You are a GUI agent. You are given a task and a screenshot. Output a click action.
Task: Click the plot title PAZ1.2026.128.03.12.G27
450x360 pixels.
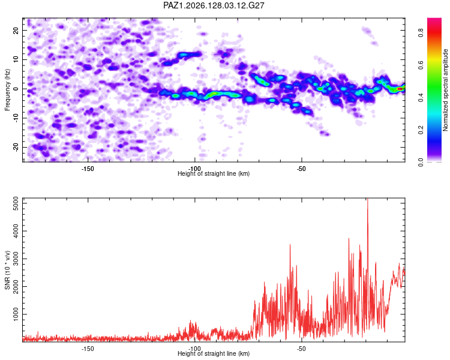(x=214, y=5)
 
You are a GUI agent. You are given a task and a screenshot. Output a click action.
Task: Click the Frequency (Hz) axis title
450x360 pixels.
(x=7, y=90)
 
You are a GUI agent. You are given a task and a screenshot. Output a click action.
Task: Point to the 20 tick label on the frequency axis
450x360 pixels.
(x=16, y=30)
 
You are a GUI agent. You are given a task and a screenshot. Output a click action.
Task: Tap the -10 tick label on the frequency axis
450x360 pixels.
(x=16, y=118)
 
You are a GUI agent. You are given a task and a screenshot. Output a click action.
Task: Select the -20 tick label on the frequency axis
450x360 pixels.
(x=16, y=147)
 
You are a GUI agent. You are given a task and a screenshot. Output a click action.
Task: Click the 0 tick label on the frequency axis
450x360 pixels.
(x=16, y=89)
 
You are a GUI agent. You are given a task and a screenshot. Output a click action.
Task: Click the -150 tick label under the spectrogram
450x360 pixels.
(x=88, y=169)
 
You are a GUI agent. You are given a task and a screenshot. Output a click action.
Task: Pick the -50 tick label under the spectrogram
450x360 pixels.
(x=301, y=169)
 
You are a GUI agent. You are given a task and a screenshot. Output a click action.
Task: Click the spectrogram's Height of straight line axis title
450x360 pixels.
(x=214, y=173)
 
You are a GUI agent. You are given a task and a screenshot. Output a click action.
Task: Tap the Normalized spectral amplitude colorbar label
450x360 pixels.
(x=445, y=90)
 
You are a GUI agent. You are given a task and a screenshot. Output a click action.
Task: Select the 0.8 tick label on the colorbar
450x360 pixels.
(x=421, y=34)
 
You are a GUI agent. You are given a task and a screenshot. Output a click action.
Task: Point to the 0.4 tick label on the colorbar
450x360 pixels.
(x=421, y=98)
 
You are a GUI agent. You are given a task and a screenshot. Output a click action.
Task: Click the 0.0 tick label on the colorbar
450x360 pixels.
(x=421, y=163)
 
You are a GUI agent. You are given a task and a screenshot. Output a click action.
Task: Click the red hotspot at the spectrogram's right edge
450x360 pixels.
(x=400, y=89)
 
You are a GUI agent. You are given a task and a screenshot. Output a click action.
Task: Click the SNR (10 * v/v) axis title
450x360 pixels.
(x=7, y=270)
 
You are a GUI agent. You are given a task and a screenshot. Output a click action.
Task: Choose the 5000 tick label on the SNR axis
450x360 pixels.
(x=16, y=203)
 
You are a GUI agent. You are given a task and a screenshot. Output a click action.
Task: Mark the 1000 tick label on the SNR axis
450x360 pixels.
(x=16, y=314)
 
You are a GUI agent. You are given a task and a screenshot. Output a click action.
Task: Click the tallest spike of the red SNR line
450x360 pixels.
(x=368, y=199)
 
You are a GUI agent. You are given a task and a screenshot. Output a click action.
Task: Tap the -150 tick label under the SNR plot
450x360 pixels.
(x=88, y=349)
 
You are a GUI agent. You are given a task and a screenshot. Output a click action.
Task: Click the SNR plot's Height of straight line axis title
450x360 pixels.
(x=214, y=353)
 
